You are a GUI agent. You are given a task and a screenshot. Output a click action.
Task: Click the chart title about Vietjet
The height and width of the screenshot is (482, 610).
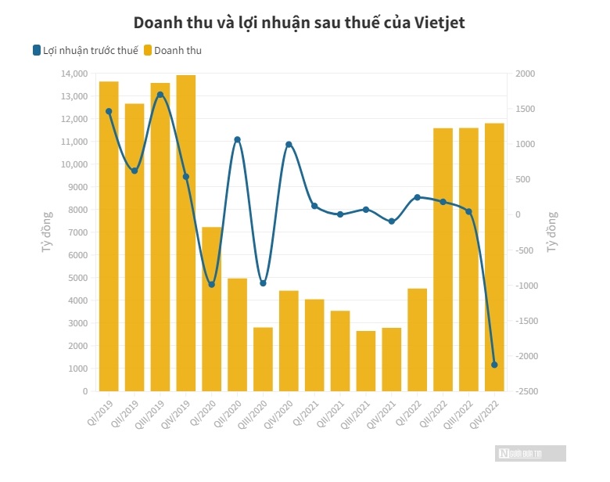[300, 23]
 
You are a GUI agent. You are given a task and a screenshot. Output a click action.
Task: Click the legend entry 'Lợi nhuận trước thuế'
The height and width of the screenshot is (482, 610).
[84, 51]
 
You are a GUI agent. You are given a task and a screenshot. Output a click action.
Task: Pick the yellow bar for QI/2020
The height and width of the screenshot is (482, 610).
[211, 309]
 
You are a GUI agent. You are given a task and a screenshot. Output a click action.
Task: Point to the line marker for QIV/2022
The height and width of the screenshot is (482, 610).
[494, 365]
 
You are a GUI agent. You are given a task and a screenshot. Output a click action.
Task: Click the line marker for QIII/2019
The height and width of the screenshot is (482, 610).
[160, 95]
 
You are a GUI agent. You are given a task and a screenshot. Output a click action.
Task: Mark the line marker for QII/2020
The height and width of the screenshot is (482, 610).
[237, 140]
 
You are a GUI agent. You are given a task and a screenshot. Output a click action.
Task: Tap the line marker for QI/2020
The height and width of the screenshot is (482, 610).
[211, 284]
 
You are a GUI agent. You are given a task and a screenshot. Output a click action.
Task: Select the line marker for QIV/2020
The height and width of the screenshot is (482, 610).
[289, 145]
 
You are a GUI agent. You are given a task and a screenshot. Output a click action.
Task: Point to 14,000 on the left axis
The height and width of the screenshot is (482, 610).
[74, 74]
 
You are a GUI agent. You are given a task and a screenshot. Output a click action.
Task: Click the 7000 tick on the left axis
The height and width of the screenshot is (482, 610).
[76, 232]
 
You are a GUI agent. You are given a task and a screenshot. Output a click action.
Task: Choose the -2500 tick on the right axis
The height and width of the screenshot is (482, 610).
[522, 391]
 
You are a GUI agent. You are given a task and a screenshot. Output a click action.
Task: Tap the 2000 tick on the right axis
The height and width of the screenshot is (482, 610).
[519, 74]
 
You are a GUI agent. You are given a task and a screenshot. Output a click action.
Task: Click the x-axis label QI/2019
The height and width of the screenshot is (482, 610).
[101, 412]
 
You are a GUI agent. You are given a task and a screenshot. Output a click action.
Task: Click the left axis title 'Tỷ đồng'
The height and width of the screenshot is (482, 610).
[46, 232]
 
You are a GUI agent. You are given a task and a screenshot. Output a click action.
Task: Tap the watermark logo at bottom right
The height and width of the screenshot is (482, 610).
[529, 453]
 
